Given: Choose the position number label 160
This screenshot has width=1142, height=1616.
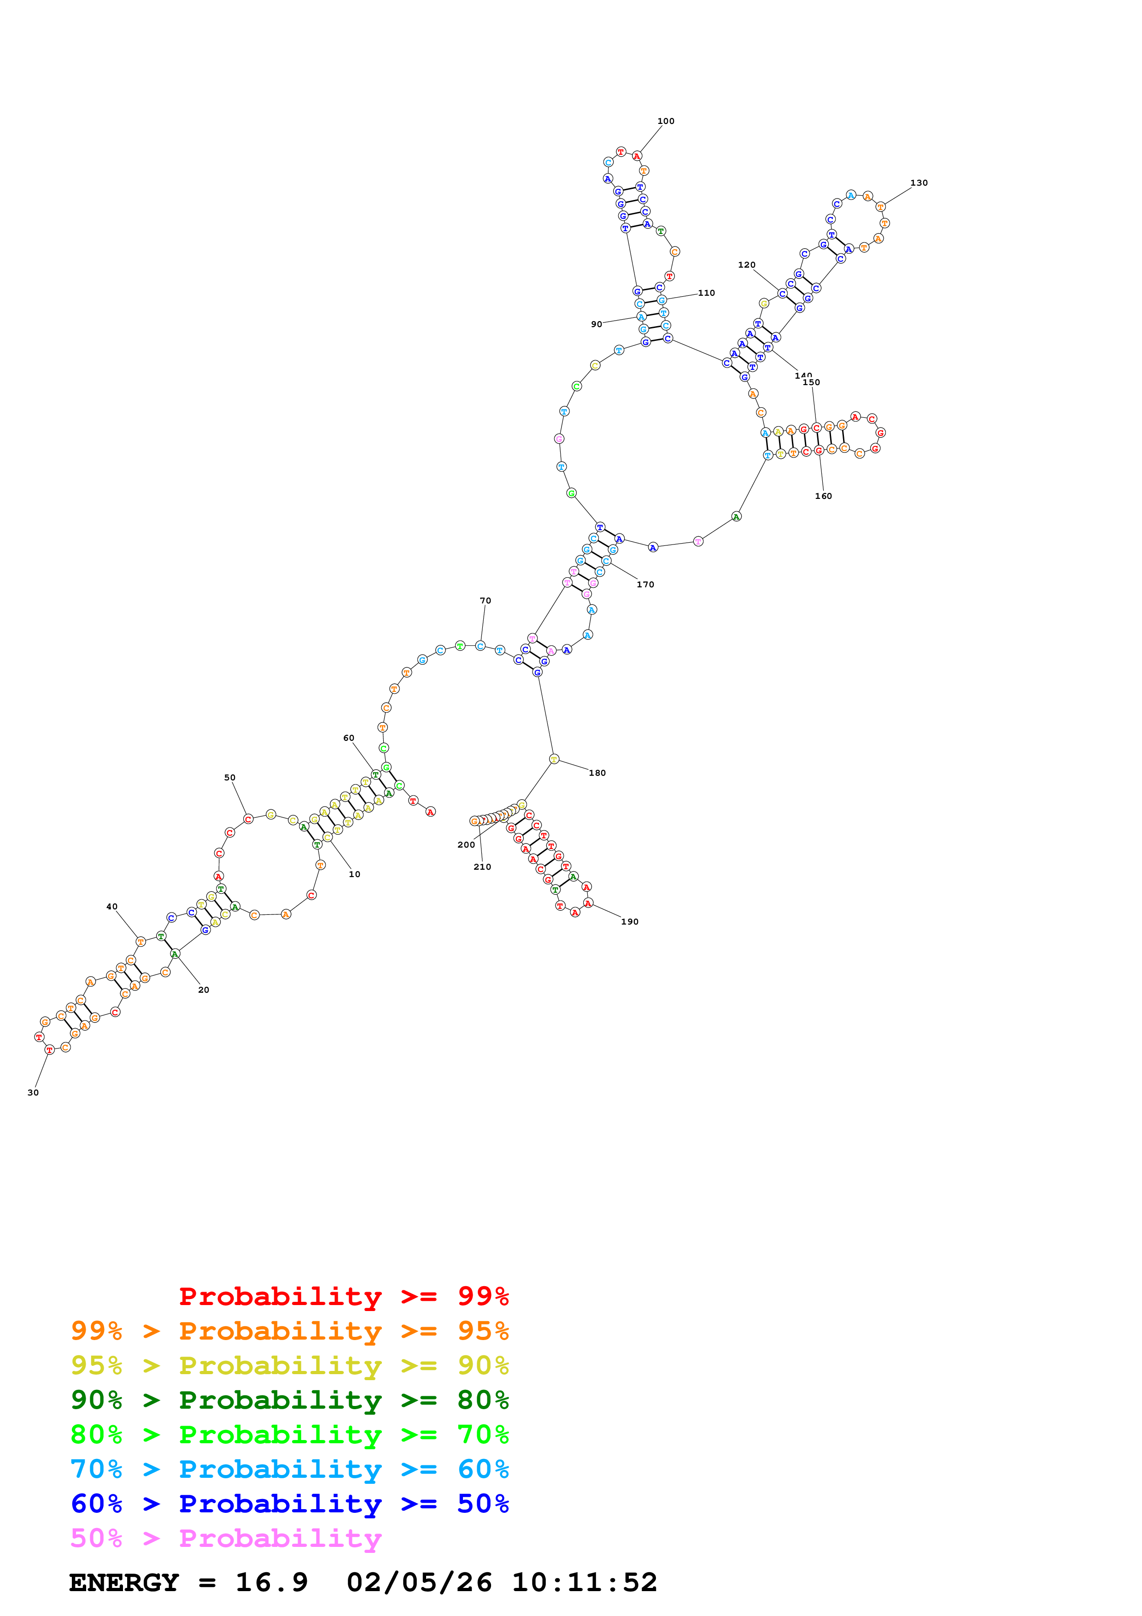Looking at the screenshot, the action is coord(823,496).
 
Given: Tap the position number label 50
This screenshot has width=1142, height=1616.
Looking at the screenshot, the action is coord(229,778).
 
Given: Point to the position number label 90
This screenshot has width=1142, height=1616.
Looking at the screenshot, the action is coord(596,324).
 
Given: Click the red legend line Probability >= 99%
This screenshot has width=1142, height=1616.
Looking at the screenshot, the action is coord(343,1296).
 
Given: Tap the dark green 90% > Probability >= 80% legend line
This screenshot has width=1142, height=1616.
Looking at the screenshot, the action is coord(289,1400).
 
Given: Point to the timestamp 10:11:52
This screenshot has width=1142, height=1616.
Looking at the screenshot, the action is coord(584,1582).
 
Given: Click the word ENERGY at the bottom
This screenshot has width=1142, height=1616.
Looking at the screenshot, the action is coord(124,1582).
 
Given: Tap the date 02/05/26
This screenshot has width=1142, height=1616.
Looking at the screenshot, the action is coord(419,1582).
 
